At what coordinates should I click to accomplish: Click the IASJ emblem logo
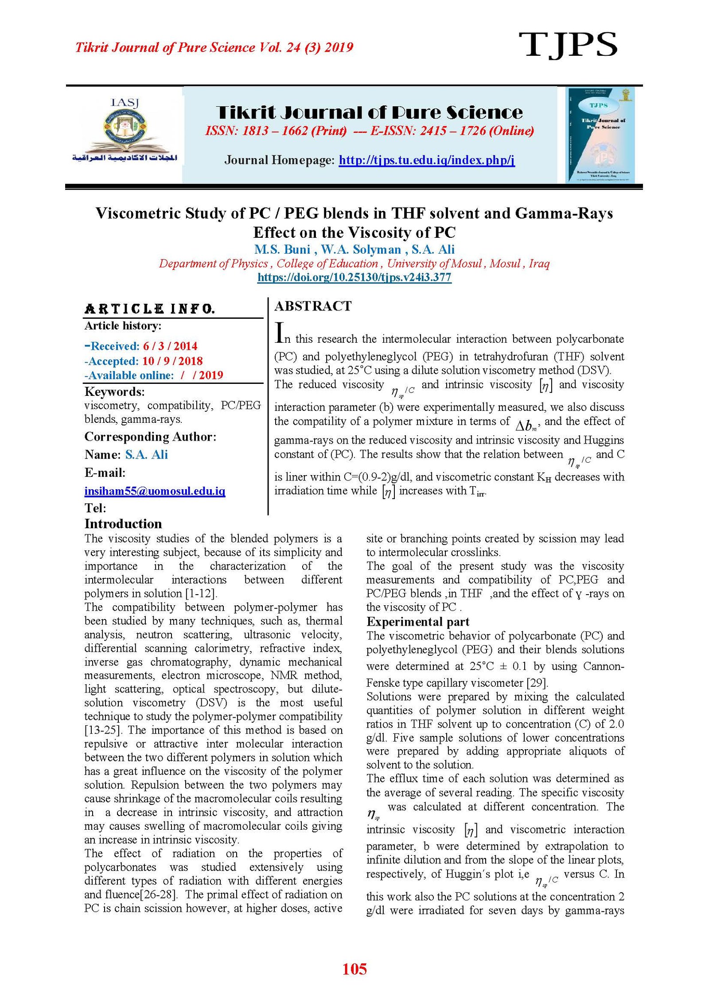pos(125,131)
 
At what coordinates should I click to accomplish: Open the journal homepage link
pos(426,160)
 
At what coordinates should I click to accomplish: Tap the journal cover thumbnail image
pos(601,135)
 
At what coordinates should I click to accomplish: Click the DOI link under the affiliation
pos(354,278)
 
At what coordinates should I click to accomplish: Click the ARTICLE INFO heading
pos(150,309)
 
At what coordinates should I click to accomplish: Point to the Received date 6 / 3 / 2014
pos(170,346)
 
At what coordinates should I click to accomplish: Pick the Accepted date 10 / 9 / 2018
pos(172,361)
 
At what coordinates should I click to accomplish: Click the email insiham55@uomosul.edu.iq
pos(155,491)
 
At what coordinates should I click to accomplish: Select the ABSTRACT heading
pos(313,306)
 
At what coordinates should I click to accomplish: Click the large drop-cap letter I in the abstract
pos(279,333)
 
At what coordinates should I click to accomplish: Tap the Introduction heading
pos(123,524)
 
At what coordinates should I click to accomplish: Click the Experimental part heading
pos(417,622)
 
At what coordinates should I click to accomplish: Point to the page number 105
pos(354,969)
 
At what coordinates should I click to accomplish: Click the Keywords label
pos(114,391)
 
